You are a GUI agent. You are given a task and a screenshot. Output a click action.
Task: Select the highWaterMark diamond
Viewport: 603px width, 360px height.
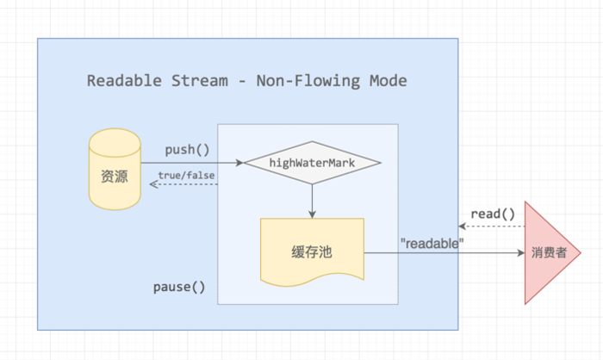pos(312,161)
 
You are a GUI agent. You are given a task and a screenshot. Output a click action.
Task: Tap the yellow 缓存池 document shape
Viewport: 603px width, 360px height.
pos(312,251)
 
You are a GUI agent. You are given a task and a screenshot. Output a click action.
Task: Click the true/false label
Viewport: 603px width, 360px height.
pos(186,177)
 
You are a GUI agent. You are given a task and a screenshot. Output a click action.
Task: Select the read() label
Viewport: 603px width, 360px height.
pos(493,213)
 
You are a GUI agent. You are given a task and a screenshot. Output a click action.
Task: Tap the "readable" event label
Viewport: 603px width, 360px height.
pos(432,243)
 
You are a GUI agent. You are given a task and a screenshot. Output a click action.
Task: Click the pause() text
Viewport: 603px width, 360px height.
pos(179,287)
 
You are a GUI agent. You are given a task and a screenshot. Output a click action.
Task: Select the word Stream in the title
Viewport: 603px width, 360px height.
pos(196,81)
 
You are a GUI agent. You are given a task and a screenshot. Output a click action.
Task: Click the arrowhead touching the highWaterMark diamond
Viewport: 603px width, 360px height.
pos(240,161)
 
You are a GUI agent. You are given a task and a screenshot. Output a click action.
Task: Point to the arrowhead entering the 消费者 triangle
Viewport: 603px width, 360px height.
pos(520,254)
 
